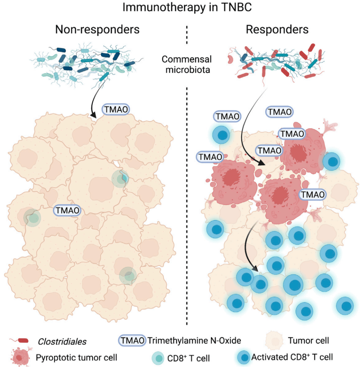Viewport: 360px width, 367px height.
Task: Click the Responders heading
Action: tap(277, 30)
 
